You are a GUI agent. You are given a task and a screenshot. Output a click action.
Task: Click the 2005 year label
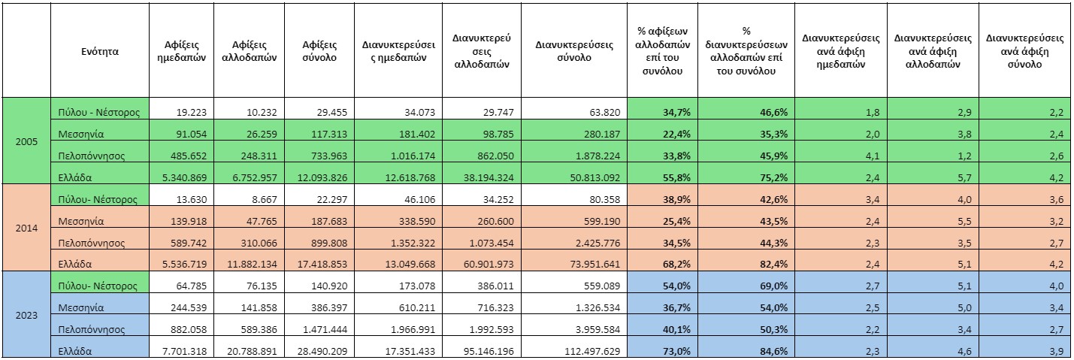(26, 142)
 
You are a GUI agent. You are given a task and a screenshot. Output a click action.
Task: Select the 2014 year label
(26, 228)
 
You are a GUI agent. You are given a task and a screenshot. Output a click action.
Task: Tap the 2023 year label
(26, 316)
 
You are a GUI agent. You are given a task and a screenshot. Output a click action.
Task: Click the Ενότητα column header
(100, 51)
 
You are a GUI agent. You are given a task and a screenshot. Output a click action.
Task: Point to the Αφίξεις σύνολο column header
(319, 51)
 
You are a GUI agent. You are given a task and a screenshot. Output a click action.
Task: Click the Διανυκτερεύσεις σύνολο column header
(574, 51)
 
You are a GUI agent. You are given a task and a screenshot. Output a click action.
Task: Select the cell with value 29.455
(331, 113)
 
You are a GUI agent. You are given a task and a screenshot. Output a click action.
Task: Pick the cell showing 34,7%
(676, 113)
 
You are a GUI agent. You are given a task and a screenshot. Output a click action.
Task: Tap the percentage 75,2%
(773, 178)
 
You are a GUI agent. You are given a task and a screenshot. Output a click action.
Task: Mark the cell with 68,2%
(676, 264)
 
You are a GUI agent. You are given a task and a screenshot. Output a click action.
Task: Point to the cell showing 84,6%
(773, 352)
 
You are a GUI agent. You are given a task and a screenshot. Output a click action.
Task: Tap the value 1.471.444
(325, 330)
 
